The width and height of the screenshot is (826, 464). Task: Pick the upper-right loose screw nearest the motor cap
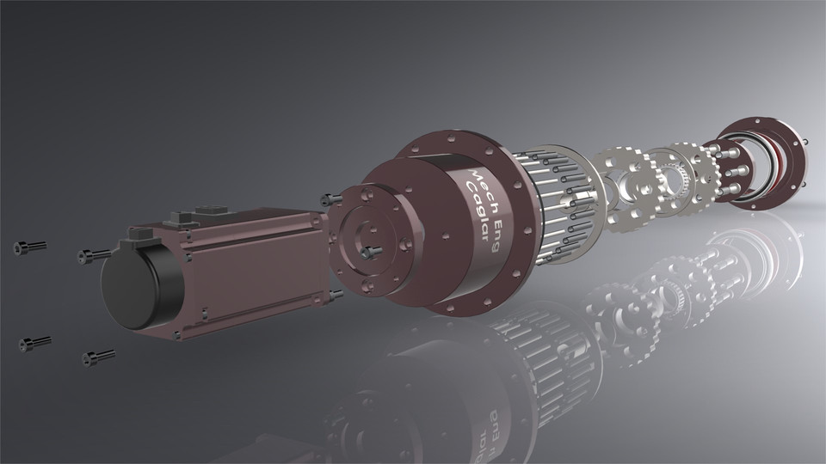point(92,254)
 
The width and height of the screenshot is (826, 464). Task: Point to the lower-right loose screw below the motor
point(97,356)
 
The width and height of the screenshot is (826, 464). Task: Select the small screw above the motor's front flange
point(325,199)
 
